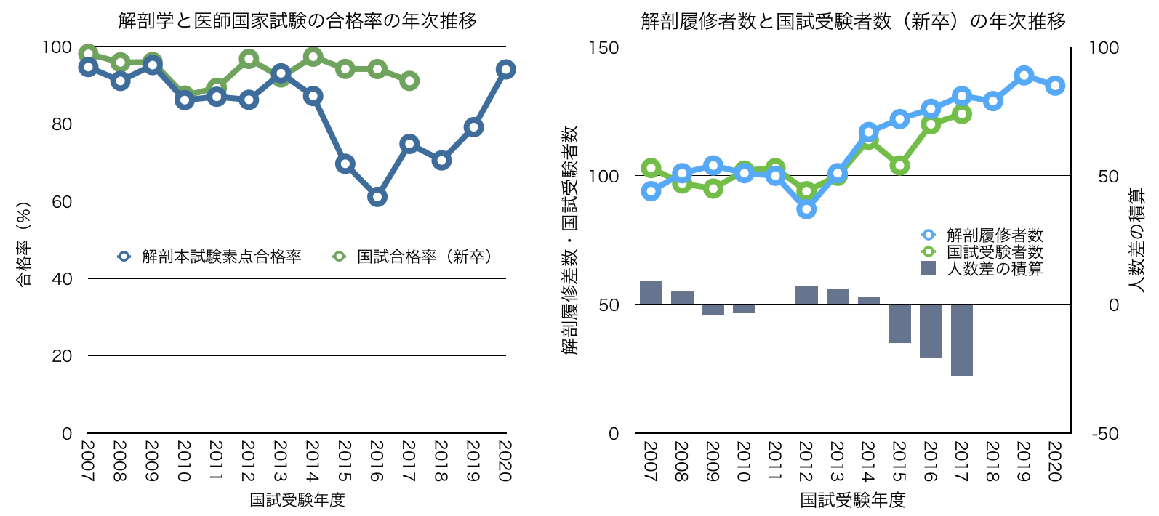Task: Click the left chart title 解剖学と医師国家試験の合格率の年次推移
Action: pyautogui.click(x=297, y=20)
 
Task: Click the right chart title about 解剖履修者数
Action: pyautogui.click(x=853, y=21)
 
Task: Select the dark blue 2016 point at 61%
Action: pyautogui.click(x=377, y=197)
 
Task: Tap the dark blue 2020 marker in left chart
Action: pyautogui.click(x=505, y=70)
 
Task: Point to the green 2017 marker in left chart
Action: pyautogui.click(x=409, y=81)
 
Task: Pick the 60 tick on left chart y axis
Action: pyautogui.click(x=63, y=201)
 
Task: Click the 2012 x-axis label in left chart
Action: pyautogui.click(x=248, y=461)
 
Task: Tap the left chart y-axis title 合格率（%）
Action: pyautogui.click(x=24, y=244)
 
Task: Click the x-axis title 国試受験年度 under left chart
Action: pyautogui.click(x=297, y=500)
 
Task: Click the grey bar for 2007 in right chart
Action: pyautogui.click(x=651, y=292)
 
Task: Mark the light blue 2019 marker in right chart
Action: pyautogui.click(x=1024, y=76)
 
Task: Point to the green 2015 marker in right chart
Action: pyautogui.click(x=899, y=166)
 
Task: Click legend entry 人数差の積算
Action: pyautogui.click(x=995, y=269)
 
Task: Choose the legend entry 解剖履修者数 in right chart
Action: pyautogui.click(x=995, y=235)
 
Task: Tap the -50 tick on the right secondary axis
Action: pyautogui.click(x=1104, y=434)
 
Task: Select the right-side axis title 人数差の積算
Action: pyautogui.click(x=1136, y=241)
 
